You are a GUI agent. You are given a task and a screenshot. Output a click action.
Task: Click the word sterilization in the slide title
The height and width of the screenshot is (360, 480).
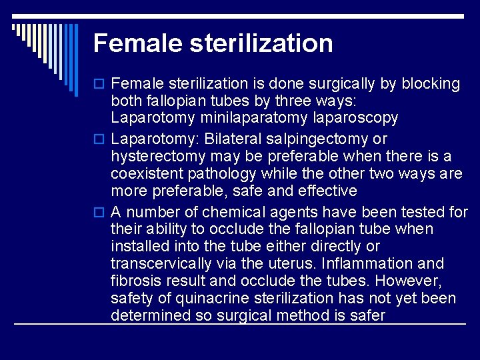pos(261,43)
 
